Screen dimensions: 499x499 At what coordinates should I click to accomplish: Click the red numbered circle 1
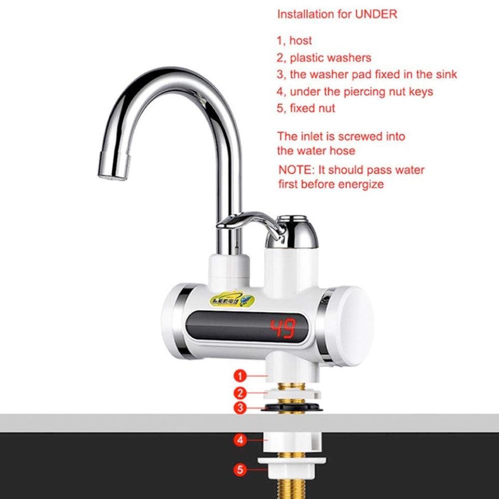click(x=241, y=375)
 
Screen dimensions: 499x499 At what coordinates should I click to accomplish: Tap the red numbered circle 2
click(x=241, y=392)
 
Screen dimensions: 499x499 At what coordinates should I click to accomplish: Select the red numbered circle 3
click(x=241, y=408)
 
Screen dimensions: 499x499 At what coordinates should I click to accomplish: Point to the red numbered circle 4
click(x=241, y=440)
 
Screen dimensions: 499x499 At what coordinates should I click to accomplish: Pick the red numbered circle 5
click(x=241, y=469)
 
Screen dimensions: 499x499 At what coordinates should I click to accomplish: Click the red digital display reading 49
click(x=283, y=329)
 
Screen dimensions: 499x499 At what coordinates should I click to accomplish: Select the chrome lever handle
click(x=247, y=221)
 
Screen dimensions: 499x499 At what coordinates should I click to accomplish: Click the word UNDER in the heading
click(x=376, y=14)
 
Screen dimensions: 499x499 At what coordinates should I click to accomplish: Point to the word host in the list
click(x=301, y=41)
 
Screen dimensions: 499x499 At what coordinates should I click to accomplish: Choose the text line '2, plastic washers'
click(x=324, y=58)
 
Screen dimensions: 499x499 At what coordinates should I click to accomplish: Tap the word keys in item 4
click(x=421, y=92)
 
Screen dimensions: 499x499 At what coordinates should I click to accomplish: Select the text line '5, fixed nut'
click(x=306, y=108)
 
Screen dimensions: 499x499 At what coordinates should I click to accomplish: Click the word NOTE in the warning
click(x=294, y=170)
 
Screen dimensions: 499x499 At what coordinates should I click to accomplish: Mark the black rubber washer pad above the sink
click(x=292, y=408)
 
